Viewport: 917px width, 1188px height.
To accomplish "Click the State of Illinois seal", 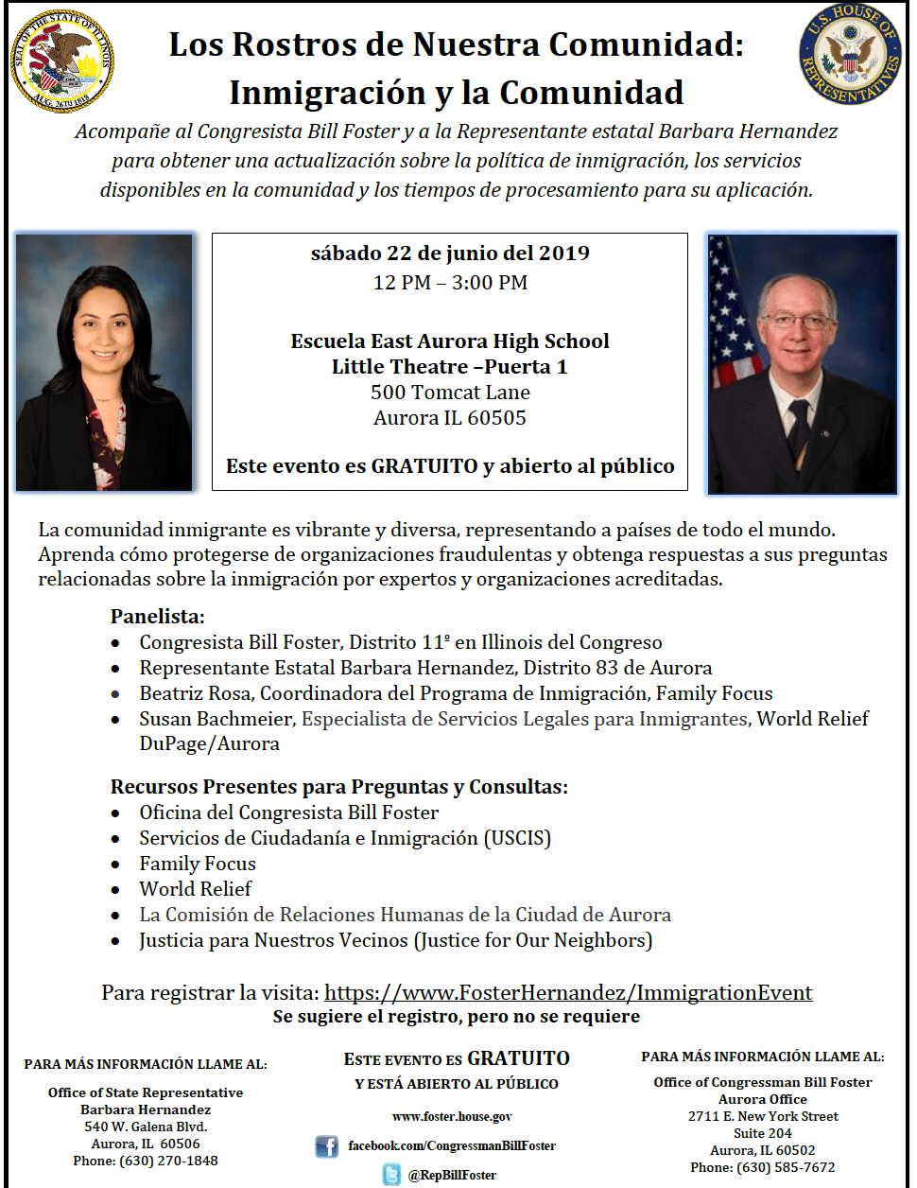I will (62, 60).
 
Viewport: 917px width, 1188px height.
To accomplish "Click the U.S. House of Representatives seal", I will (850, 54).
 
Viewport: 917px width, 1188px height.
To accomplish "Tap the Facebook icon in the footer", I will (326, 1146).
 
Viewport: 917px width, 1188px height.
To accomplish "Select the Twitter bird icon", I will (391, 1175).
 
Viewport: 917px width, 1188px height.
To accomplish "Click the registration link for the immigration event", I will (568, 992).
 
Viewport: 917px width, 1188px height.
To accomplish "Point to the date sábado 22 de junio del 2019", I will (450, 253).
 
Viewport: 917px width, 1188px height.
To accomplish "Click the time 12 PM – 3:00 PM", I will (450, 283).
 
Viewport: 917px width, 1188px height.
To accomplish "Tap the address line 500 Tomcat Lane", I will (450, 393).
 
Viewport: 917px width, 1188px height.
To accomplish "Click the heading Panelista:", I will (157, 617).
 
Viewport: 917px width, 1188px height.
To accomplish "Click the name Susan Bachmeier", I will (217, 719).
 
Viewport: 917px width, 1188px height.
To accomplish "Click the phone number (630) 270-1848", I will (168, 1161).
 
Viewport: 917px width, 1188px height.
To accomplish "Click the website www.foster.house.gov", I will (452, 1117).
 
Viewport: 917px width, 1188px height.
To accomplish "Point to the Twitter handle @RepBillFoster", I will (452, 1175).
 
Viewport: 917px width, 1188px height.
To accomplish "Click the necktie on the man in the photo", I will (799, 430).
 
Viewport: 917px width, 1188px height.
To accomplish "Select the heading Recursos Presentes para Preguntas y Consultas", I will (338, 787).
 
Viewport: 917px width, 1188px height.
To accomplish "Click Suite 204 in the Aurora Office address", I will (762, 1133).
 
